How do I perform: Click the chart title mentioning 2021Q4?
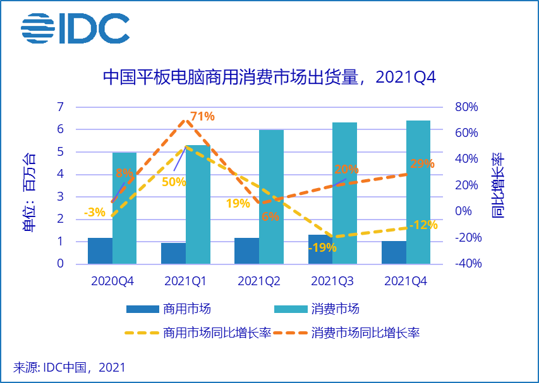(x=269, y=78)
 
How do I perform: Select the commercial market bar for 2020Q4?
(x=100, y=250)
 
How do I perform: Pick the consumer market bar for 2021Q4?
(x=418, y=192)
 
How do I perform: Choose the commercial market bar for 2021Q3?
(x=320, y=249)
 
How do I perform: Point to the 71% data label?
(x=203, y=116)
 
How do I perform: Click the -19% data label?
(x=322, y=248)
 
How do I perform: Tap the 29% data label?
(x=422, y=163)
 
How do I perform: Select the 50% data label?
(x=173, y=182)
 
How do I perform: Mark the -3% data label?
(x=94, y=212)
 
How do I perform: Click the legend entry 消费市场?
(x=335, y=309)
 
